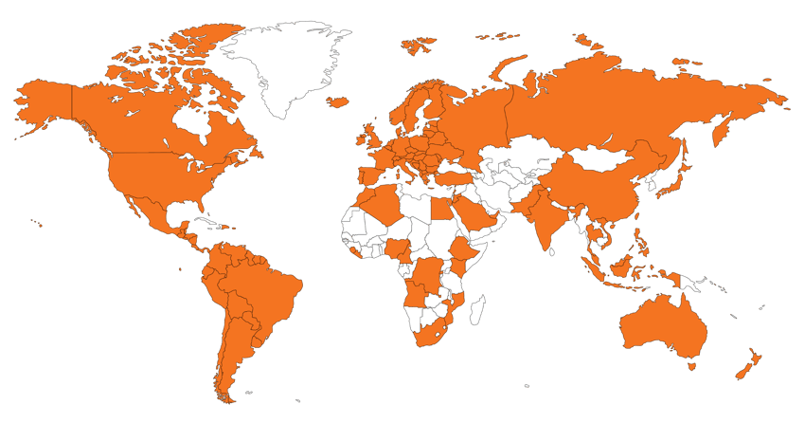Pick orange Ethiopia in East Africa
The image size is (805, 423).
tap(463, 251)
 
